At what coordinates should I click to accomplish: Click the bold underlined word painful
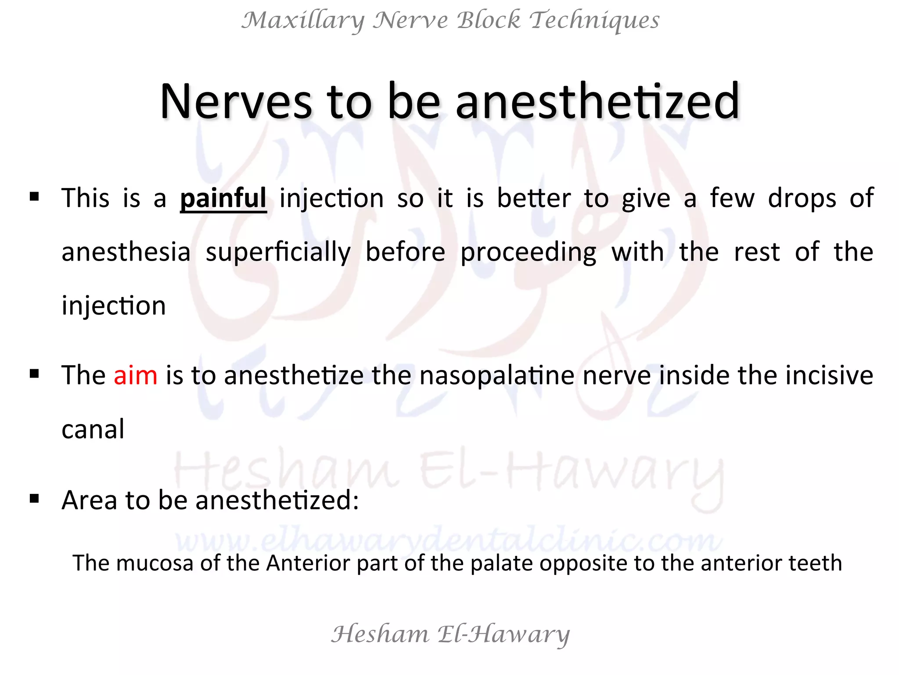pos(223,199)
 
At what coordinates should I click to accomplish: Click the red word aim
pos(135,376)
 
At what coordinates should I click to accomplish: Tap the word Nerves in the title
pos(236,102)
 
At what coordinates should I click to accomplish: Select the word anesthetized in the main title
pos(598,102)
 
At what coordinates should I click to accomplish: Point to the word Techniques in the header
pos(594,21)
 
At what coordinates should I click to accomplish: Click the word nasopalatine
pos(497,376)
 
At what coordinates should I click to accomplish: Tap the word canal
pos(93,429)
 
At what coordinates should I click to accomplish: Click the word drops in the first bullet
pos(802,199)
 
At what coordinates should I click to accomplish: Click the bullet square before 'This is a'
pos(34,196)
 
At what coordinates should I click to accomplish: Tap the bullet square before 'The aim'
pos(34,374)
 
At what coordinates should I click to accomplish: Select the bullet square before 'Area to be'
pos(34,498)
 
